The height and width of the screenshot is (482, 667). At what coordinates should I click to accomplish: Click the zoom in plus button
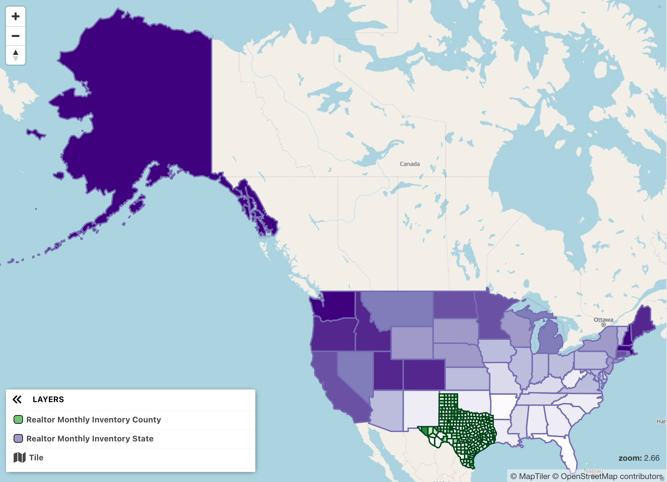coord(16,16)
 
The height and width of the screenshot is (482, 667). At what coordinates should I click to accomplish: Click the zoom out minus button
coord(16,36)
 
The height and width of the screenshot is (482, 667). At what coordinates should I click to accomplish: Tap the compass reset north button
coord(16,55)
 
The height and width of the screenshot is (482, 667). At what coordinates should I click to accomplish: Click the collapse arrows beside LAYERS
coord(17,399)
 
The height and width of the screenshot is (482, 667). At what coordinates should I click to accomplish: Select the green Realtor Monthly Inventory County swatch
coord(18,419)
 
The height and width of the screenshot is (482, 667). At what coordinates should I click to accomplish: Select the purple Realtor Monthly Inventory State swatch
coord(18,438)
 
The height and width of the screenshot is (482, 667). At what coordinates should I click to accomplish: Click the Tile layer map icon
coord(20,457)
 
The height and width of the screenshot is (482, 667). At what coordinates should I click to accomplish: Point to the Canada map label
coord(409,164)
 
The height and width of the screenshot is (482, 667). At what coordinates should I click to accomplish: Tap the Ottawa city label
coord(603,320)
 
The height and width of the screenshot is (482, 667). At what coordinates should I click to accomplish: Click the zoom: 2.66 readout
coord(638,458)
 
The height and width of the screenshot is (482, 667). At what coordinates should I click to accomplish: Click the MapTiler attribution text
coord(530,476)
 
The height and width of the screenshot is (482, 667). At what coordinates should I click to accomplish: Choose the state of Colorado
coord(424,374)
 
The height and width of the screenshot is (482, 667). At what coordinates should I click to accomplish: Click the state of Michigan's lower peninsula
coord(549,340)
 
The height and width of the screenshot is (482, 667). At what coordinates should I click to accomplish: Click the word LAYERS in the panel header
coord(48,399)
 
